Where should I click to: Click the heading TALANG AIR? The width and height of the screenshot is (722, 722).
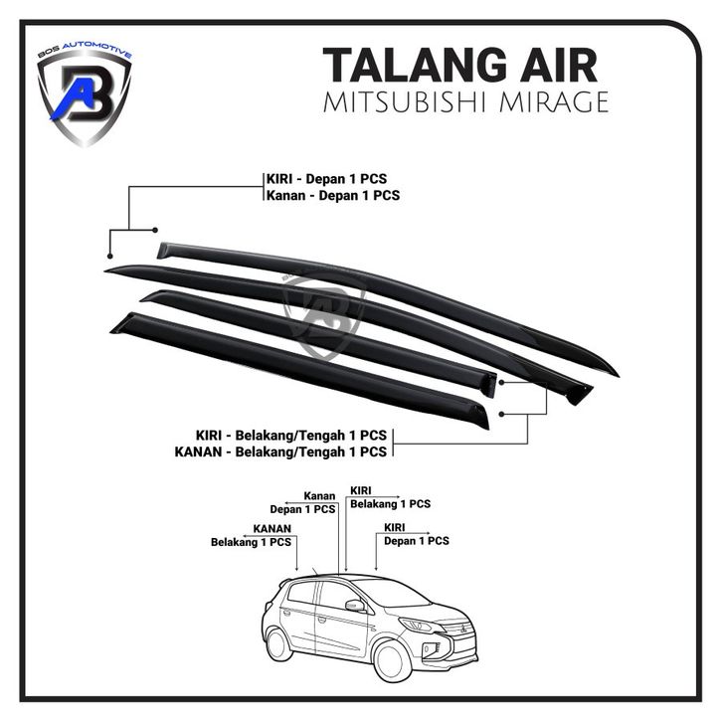click(x=459, y=66)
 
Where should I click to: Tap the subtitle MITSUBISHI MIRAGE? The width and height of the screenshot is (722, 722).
click(x=465, y=102)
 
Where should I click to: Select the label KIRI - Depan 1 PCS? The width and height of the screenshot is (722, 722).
click(x=325, y=179)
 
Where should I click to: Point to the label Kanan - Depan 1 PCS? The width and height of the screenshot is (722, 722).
click(x=331, y=196)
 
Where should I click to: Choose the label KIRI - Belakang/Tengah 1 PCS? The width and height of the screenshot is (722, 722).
click(x=290, y=436)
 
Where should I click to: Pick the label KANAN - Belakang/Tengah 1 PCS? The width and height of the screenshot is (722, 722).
click(x=279, y=451)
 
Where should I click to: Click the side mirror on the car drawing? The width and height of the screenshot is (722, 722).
click(x=353, y=605)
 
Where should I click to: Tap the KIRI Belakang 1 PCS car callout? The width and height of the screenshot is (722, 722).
click(x=390, y=497)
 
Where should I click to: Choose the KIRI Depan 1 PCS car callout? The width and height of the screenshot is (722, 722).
click(x=416, y=534)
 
